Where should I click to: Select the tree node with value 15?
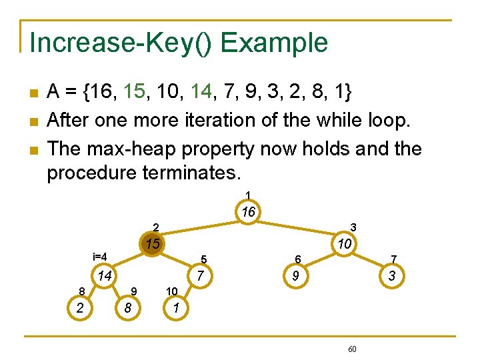(x=153, y=244)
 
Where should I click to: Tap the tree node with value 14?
(x=103, y=276)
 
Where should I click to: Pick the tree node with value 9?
(x=292, y=276)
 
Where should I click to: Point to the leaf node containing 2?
(x=80, y=308)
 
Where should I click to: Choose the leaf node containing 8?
(x=127, y=308)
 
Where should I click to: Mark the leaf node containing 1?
(x=175, y=308)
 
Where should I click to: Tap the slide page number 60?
(x=352, y=349)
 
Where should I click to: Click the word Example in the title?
(x=275, y=43)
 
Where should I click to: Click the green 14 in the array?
(x=203, y=92)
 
